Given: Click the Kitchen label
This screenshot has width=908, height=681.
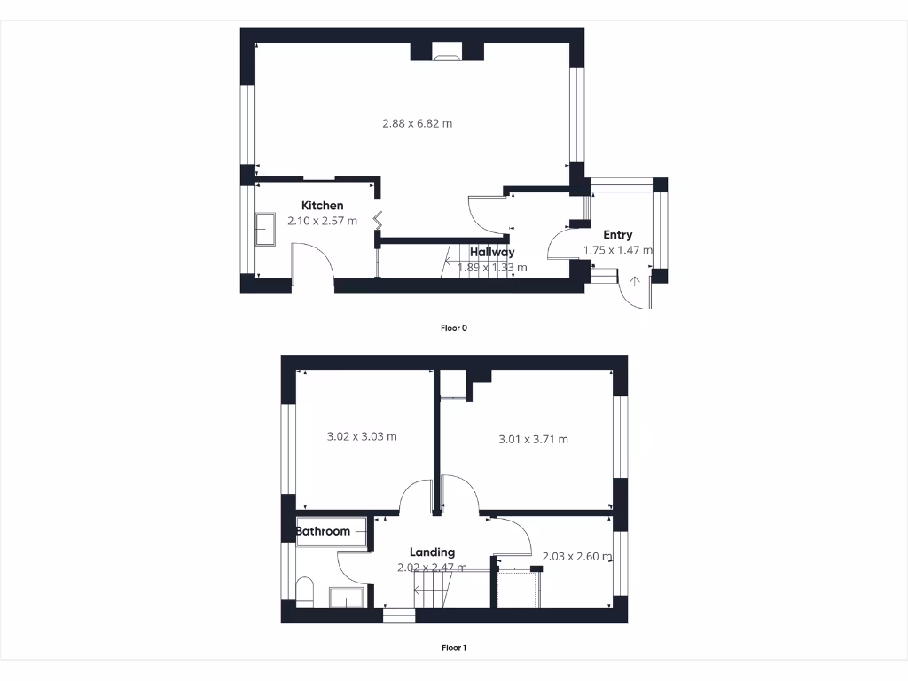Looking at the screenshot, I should [322, 206].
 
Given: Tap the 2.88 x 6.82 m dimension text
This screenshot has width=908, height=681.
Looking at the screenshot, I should [417, 123].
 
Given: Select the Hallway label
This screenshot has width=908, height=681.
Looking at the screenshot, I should [492, 252].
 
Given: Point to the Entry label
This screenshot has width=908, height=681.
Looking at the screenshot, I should [617, 235].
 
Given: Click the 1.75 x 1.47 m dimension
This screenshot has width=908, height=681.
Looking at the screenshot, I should [617, 250].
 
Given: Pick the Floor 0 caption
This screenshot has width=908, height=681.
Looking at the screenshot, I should [453, 328].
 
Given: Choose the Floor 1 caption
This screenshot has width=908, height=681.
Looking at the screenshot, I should [453, 648].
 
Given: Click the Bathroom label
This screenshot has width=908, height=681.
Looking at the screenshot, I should [323, 532].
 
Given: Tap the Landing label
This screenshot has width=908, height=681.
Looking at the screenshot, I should [432, 552].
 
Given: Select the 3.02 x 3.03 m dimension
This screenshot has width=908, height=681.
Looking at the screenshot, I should [362, 436].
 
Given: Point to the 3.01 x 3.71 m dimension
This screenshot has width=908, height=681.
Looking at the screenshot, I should [533, 439].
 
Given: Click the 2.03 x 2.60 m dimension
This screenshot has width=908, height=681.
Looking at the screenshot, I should [576, 557].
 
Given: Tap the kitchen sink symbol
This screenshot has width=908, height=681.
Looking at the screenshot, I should [265, 230].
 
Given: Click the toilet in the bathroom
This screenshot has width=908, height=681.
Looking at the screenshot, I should [304, 591].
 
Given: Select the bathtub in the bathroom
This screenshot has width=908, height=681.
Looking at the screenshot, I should [332, 532].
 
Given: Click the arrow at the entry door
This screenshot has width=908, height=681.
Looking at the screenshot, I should [635, 283].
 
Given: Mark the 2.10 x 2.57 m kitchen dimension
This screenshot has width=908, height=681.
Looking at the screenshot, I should [322, 221].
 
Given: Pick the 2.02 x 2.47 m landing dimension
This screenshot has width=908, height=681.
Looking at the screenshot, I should [432, 567].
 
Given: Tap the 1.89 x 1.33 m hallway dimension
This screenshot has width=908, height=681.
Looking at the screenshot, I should [492, 267].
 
